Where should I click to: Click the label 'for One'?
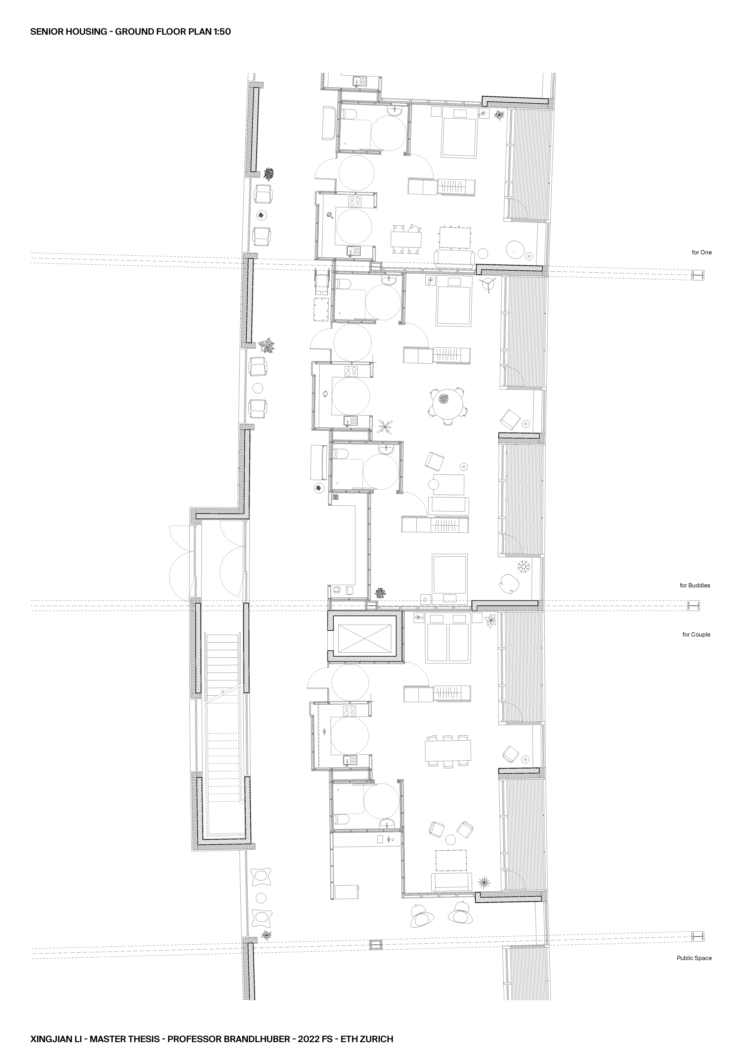pyautogui.click(x=701, y=252)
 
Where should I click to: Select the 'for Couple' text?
pyautogui.click(x=696, y=634)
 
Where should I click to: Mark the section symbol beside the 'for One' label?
pyautogui.click(x=698, y=275)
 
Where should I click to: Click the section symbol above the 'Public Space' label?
pyautogui.click(x=698, y=936)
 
